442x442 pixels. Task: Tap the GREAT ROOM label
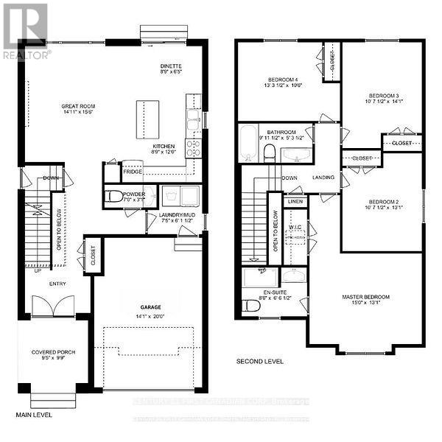(78, 107)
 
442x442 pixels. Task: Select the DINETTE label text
(169, 66)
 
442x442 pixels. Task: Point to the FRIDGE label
(133, 172)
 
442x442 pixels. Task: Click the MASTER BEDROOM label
(365, 297)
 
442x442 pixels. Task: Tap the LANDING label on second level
(323, 178)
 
